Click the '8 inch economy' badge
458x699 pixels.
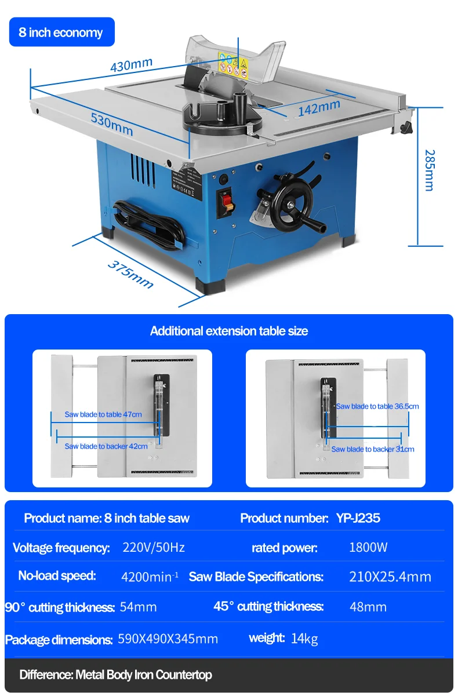(x=61, y=32)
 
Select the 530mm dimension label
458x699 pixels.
(x=112, y=123)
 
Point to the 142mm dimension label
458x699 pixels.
(x=319, y=108)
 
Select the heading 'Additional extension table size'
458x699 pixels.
(x=229, y=331)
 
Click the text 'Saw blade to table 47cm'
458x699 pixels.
(x=103, y=414)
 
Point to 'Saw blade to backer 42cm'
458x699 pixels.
(x=106, y=446)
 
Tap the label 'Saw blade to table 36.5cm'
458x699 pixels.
(x=377, y=406)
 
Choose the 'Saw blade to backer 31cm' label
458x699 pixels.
(x=373, y=449)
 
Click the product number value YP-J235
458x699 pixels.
(x=358, y=518)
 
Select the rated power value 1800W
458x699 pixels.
(x=368, y=547)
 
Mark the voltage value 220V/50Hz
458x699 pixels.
(x=154, y=547)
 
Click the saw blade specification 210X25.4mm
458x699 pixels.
(x=390, y=577)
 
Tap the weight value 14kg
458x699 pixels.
(x=304, y=639)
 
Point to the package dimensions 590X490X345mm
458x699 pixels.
(x=168, y=639)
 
